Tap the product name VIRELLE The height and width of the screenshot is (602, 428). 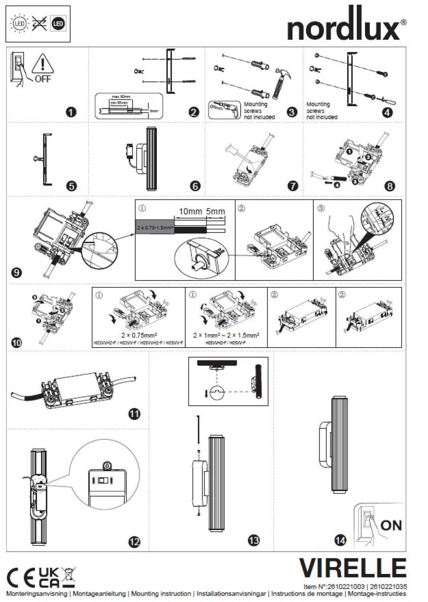[353, 568]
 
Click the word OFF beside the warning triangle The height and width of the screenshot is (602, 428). [43, 79]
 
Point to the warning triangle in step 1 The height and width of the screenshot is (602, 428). [42, 63]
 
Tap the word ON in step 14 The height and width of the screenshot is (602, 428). [391, 525]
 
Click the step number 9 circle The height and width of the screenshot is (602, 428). [16, 273]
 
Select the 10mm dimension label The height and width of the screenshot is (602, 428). [190, 212]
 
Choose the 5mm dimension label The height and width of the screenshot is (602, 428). [215, 212]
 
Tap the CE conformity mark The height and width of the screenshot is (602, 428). [21, 578]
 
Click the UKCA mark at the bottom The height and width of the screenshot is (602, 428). [49, 578]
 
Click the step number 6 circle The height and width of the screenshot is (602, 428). [195, 186]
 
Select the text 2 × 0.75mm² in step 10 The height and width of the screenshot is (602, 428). [139, 335]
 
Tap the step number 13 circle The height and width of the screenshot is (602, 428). [254, 540]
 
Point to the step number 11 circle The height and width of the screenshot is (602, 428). [134, 413]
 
